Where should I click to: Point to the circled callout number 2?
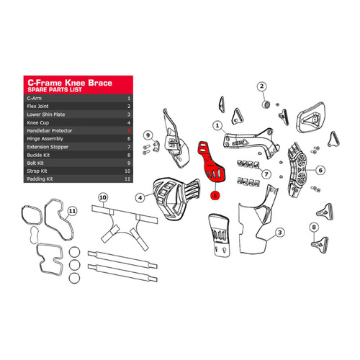click(x=262, y=87)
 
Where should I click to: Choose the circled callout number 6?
click(x=321, y=171)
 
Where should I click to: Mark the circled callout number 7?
click(x=266, y=174)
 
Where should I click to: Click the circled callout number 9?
click(x=147, y=134)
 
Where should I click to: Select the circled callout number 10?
click(x=102, y=196)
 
